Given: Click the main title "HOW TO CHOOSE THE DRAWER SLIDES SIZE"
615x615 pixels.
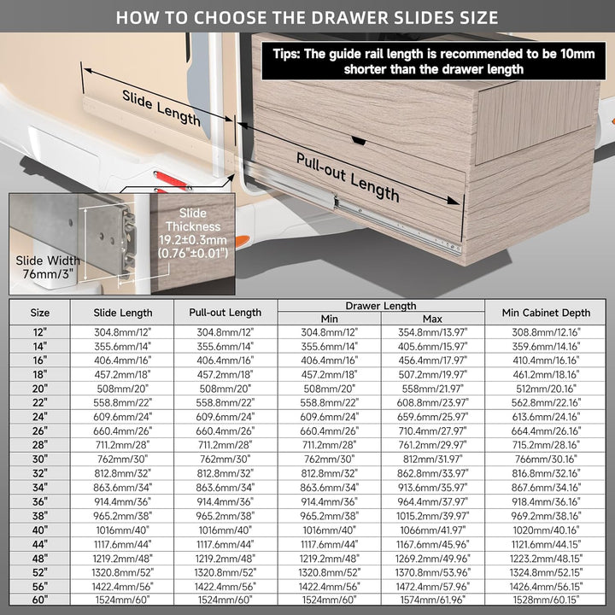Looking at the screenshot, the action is click(x=307, y=18).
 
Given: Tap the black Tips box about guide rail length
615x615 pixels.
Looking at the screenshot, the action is click(x=433, y=61).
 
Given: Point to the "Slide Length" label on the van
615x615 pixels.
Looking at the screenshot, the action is click(x=161, y=108).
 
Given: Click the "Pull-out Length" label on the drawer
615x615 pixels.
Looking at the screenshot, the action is click(x=348, y=178).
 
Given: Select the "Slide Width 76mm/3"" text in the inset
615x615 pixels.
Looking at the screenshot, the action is click(x=48, y=267).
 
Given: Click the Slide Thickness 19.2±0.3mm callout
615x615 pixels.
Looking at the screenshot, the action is click(x=193, y=233).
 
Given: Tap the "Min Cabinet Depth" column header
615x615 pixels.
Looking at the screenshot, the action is click(x=546, y=313).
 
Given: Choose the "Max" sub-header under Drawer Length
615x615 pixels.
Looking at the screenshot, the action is click(x=432, y=319).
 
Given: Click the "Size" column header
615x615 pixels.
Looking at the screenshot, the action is click(x=40, y=313).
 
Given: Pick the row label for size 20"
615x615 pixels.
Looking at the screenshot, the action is click(x=40, y=389).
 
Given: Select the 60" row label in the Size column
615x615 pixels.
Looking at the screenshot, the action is click(x=40, y=600).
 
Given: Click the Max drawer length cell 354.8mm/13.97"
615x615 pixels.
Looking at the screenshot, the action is click(x=432, y=332).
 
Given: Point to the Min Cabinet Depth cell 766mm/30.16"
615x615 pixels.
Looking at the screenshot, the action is click(x=546, y=460).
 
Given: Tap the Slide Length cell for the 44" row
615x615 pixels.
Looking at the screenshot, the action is click(x=122, y=544).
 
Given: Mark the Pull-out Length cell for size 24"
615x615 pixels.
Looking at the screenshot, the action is click(x=225, y=417).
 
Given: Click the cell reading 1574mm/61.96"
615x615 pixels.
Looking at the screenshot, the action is click(x=432, y=600).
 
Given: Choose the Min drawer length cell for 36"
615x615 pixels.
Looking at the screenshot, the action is click(x=329, y=501).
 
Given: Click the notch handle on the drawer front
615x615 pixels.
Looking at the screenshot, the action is click(x=359, y=140).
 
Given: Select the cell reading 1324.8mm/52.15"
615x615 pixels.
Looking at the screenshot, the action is click(x=546, y=572).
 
